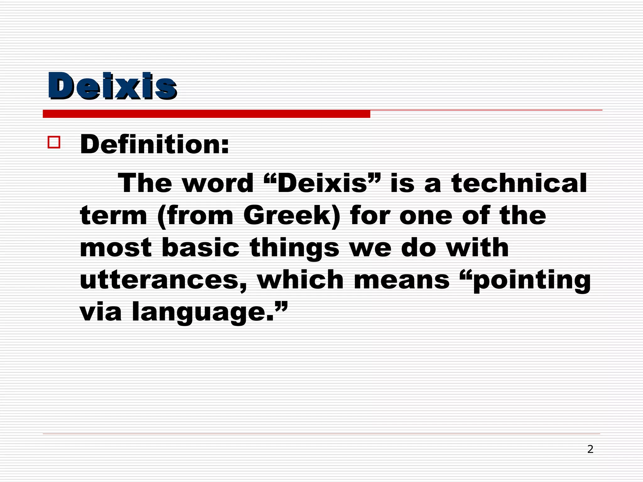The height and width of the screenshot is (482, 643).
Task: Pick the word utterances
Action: [x=163, y=280]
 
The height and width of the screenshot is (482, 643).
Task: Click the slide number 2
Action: [x=590, y=449]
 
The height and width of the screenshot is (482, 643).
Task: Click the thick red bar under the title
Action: [x=206, y=114]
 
